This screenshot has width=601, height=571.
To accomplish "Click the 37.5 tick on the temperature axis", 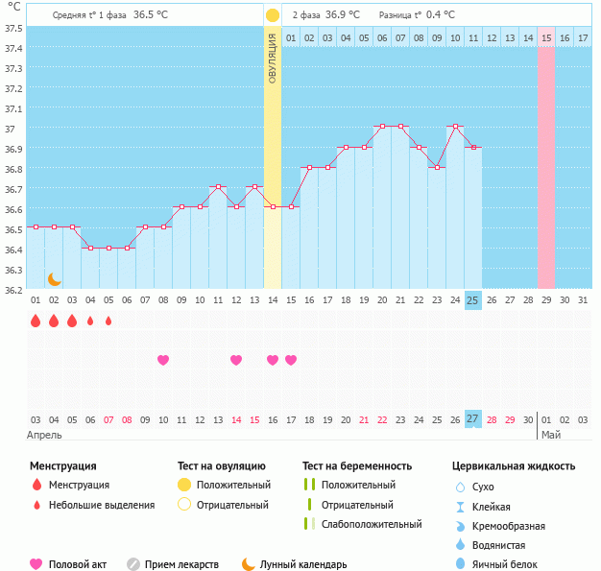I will [x=13, y=28].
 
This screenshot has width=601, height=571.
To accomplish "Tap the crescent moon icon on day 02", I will [x=55, y=278].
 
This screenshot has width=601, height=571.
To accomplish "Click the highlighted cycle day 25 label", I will [x=472, y=300].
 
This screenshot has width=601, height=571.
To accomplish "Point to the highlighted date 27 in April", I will [x=472, y=419].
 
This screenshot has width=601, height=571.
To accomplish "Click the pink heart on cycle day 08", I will [x=163, y=360].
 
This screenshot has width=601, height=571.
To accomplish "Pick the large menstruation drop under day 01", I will [x=36, y=321].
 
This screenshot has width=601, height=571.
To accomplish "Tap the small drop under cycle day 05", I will [x=108, y=321].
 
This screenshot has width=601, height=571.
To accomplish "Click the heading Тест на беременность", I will [x=357, y=466].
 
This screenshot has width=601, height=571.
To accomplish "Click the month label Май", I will [x=550, y=435].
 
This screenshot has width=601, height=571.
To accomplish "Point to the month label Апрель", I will [x=44, y=435].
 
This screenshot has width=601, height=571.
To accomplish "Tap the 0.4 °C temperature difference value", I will [x=441, y=15].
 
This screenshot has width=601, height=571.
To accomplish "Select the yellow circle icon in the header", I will [x=273, y=15].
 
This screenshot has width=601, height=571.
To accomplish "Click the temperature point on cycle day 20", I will [x=382, y=127].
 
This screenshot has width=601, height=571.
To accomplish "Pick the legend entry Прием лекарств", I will [x=181, y=564].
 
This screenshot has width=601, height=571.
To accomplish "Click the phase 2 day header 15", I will [x=545, y=37].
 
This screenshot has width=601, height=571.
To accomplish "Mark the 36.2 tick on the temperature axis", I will [x=13, y=289].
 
